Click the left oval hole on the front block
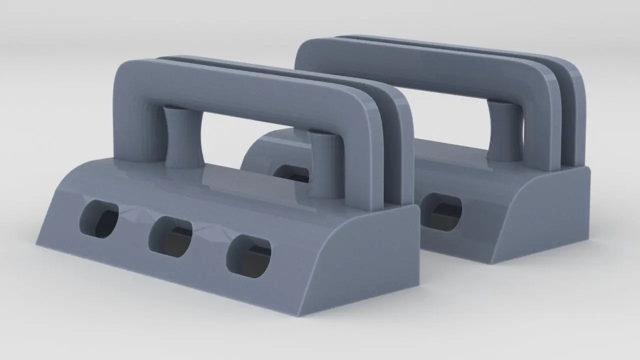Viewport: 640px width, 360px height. pyautogui.click(x=99, y=220)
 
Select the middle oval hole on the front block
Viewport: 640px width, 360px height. pyautogui.click(x=170, y=237)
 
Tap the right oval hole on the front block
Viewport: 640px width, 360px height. pyautogui.click(x=248, y=257)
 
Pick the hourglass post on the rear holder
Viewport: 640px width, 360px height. pyautogui.click(x=503, y=131)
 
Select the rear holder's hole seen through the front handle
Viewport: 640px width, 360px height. pyautogui.click(x=292, y=173)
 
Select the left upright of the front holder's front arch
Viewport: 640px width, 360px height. pyautogui.click(x=132, y=125)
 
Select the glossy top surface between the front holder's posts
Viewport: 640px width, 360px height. pyautogui.click(x=250, y=180)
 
